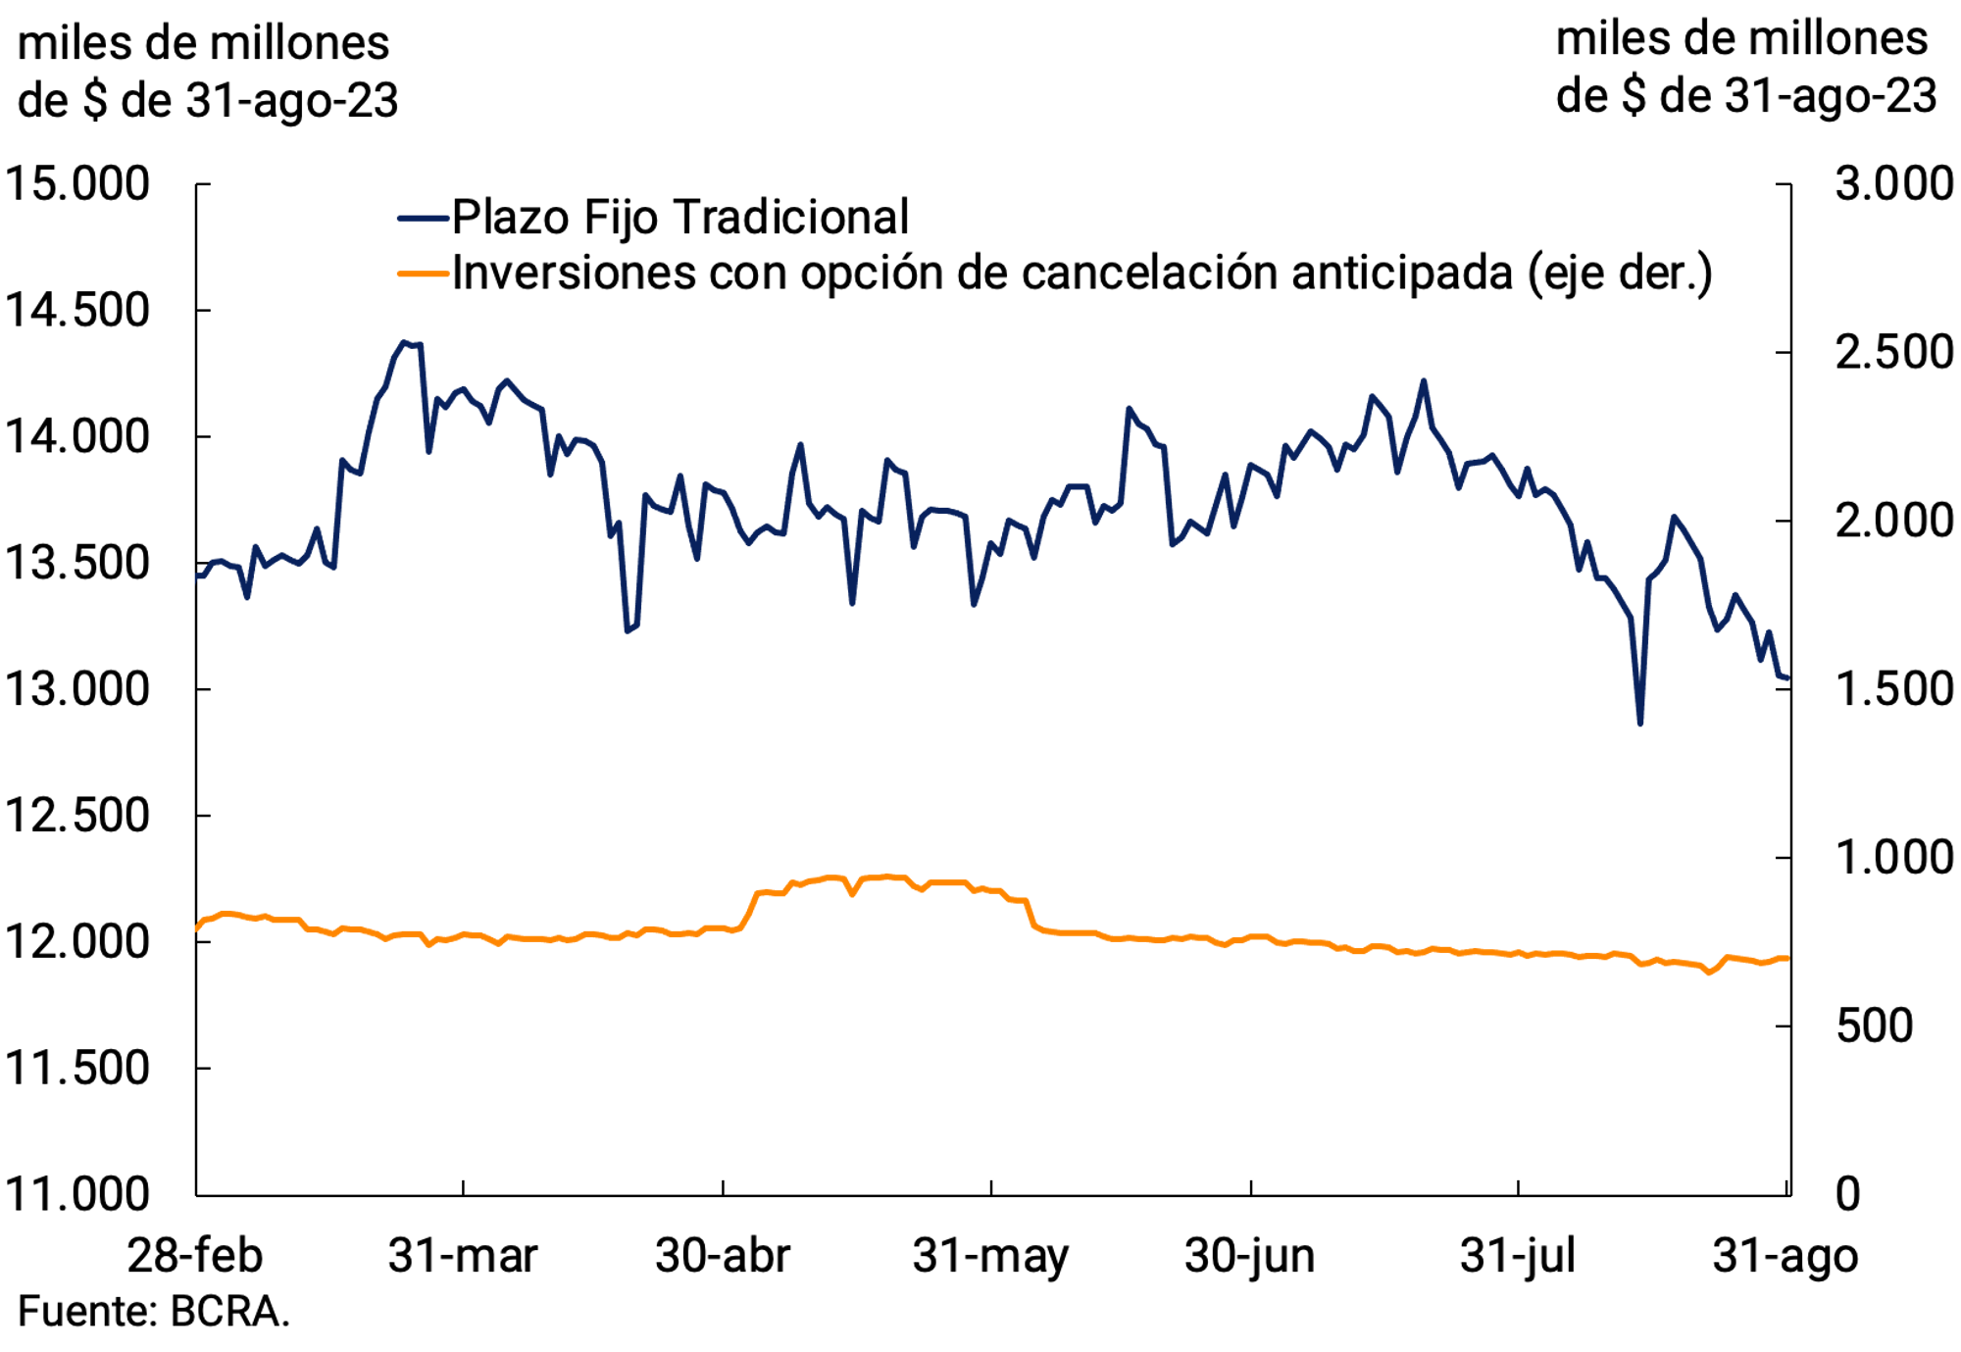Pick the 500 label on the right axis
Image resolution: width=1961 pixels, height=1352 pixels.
click(1874, 1027)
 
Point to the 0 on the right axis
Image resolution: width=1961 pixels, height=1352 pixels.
click(1847, 1194)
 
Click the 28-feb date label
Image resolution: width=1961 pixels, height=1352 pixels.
click(195, 1256)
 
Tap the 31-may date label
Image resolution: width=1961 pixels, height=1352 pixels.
click(990, 1256)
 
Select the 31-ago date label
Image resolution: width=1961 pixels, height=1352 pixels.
click(1785, 1256)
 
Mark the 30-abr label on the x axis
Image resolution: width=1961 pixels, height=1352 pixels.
click(723, 1256)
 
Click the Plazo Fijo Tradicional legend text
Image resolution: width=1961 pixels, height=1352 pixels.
click(680, 217)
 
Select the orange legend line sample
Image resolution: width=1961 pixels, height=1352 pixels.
click(423, 274)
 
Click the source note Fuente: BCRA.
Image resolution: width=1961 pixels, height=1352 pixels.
click(154, 1312)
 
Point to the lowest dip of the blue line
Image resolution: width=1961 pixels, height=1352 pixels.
click(1639, 723)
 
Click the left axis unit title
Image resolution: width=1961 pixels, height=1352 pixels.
click(208, 72)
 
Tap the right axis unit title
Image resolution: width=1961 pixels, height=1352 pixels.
click(1745, 68)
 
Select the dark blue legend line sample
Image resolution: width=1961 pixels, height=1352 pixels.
click(423, 218)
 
